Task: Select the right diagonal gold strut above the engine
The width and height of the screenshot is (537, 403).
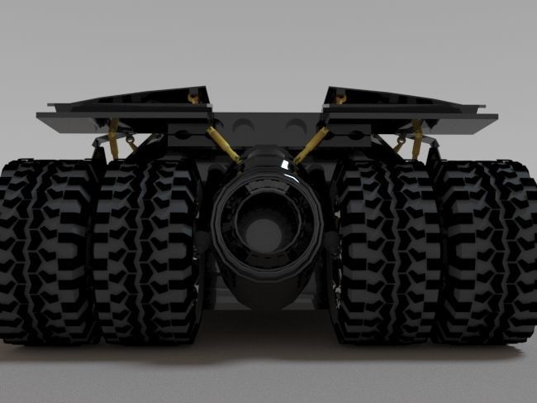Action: (311, 144)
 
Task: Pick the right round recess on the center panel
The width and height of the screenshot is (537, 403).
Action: (295, 126)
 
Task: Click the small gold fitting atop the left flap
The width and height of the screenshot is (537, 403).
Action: (194, 98)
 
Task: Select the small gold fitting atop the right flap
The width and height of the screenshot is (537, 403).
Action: (340, 98)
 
